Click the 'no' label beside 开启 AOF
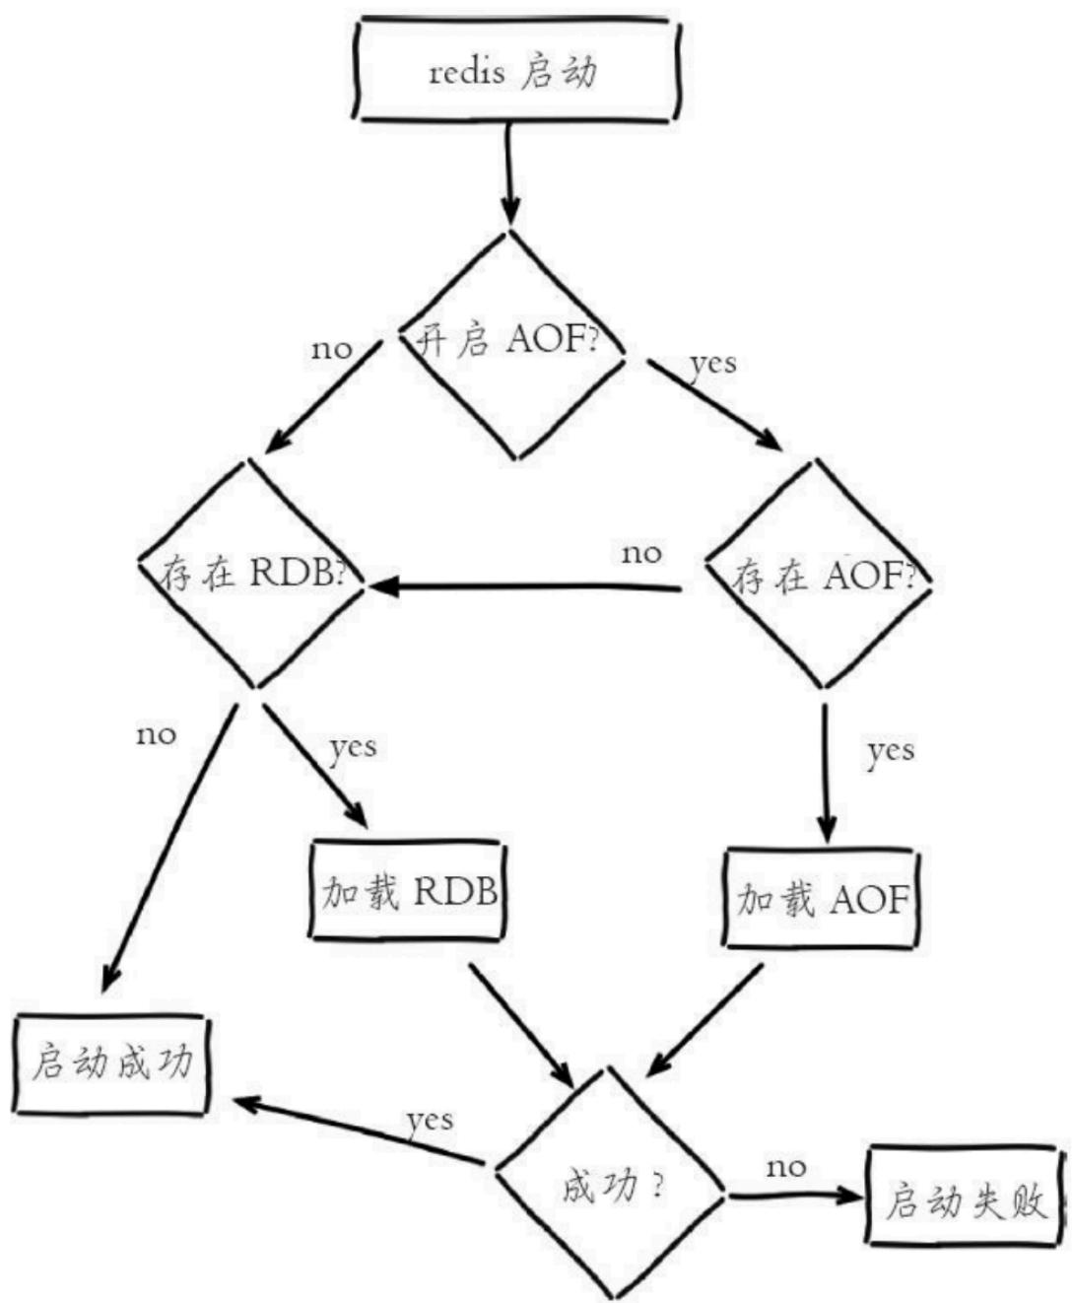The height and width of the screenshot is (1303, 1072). point(332,350)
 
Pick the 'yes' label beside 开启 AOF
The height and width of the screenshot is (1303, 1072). point(713,364)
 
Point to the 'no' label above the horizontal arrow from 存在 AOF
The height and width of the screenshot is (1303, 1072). point(641,553)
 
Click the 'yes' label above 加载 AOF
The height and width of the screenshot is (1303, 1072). point(891,752)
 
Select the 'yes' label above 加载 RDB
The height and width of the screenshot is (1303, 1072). point(353,749)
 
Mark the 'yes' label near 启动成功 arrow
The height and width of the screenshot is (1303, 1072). point(431,1120)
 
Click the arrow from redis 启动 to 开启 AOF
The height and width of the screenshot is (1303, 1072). point(508,174)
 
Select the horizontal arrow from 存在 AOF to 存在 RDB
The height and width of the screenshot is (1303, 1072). point(525,585)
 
